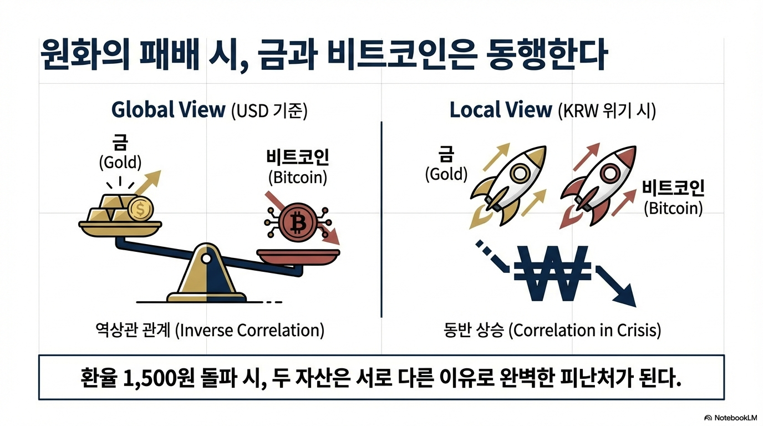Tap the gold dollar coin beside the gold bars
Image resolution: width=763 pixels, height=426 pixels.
pyautogui.click(x=140, y=210)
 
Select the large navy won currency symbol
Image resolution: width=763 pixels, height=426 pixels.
pyautogui.click(x=552, y=273)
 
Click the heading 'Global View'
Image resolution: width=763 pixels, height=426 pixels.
pyautogui.click(x=168, y=110)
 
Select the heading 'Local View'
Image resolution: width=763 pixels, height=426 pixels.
pyautogui.click(x=500, y=110)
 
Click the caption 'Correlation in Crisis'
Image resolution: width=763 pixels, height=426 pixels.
pyautogui.click(x=584, y=331)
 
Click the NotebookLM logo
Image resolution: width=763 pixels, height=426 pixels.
pyautogui.click(x=730, y=417)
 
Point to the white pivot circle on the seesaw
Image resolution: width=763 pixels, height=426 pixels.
pyautogui.click(x=206, y=258)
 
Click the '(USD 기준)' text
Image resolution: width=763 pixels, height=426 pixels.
pyautogui.click(x=269, y=110)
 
